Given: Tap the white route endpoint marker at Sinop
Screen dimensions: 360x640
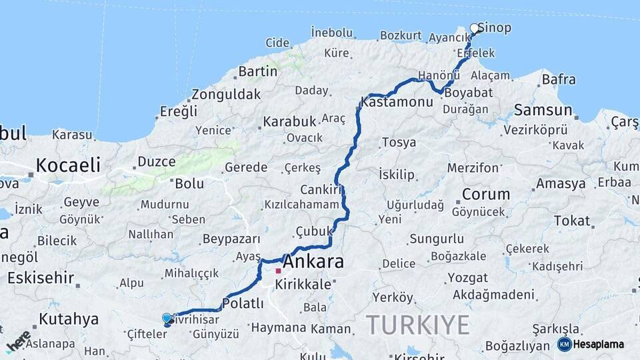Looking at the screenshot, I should click(x=475, y=28).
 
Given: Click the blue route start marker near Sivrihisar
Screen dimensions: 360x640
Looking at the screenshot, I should click(x=167, y=319).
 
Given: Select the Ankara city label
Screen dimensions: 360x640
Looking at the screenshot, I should click(x=314, y=262).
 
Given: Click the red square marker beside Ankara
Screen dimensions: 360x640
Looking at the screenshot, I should click(x=278, y=271).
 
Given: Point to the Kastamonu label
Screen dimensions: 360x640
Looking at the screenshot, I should click(x=397, y=102).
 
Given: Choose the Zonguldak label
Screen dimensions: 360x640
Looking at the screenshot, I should click(x=226, y=95).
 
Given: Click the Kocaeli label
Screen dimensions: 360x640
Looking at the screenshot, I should click(x=68, y=165).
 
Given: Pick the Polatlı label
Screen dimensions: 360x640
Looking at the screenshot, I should click(x=243, y=303).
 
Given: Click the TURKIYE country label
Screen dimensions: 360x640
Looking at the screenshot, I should click(x=417, y=325).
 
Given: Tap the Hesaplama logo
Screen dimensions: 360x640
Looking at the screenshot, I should click(x=591, y=344).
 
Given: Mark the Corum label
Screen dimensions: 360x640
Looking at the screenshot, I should click(x=486, y=195).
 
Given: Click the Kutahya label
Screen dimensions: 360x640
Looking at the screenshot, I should click(x=69, y=319).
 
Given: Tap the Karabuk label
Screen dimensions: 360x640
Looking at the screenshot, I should click(x=289, y=122).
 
